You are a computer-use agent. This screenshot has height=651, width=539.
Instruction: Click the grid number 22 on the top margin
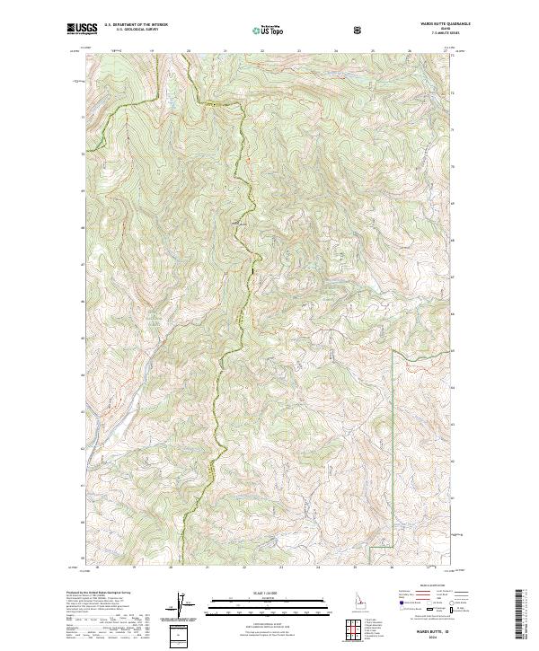coord(261,51)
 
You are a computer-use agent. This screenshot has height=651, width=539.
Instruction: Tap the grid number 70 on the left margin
coord(84,154)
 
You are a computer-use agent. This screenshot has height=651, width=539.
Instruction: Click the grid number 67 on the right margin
coord(453,277)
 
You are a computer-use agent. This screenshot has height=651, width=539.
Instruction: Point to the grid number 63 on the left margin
coord(84,411)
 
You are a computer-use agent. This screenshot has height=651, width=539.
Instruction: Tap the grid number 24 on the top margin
coord(335,51)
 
